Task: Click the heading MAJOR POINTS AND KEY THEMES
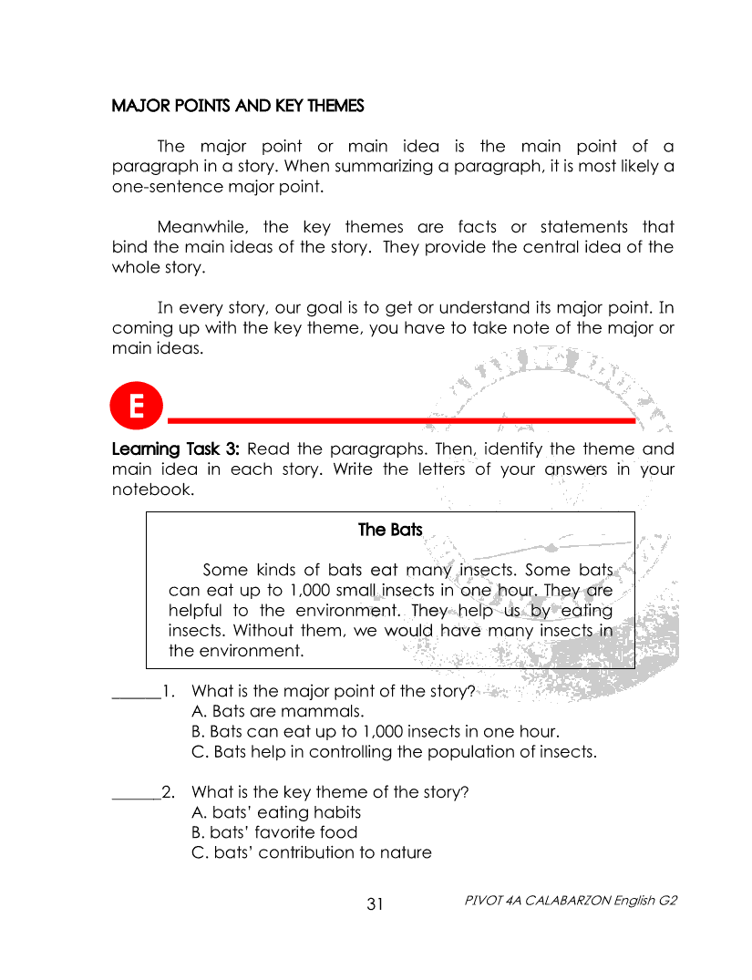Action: tap(237, 106)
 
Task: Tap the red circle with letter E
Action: tap(135, 407)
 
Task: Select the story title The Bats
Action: tap(390, 530)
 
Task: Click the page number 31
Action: tap(376, 904)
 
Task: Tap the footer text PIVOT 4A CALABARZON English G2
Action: tap(571, 900)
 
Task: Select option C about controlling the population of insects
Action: tap(394, 752)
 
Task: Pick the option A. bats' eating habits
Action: tap(276, 812)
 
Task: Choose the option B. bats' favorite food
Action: tap(274, 832)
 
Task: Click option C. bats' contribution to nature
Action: tap(311, 853)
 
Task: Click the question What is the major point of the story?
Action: tap(334, 691)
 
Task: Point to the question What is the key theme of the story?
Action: tap(330, 792)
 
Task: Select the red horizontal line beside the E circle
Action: tap(401, 419)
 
